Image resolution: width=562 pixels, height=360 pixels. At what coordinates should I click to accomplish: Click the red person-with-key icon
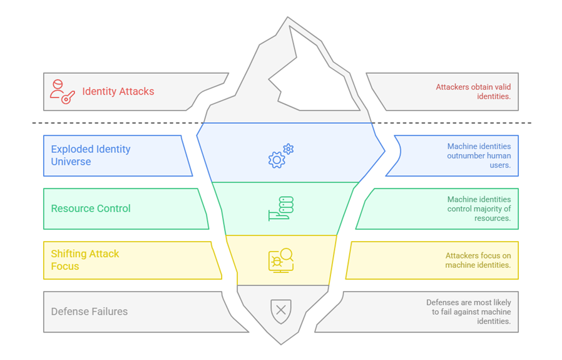[62, 91]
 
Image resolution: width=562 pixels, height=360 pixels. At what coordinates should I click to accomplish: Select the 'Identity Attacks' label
[118, 91]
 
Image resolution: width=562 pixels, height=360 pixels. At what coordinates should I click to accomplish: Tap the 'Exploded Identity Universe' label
[91, 155]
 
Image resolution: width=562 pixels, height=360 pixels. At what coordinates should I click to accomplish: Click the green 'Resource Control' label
[91, 208]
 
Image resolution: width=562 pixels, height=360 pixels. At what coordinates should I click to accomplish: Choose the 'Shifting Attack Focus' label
[84, 260]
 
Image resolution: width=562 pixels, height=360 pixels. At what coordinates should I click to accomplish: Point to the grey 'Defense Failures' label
[89, 311]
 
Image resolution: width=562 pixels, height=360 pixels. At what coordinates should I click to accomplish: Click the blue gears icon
[280, 157]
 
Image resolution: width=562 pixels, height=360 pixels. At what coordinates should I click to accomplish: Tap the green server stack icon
[281, 208]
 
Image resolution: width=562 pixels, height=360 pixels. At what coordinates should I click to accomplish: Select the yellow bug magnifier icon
[281, 260]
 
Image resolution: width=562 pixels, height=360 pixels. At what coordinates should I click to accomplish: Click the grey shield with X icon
[281, 310]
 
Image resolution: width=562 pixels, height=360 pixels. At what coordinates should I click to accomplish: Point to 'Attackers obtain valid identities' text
[473, 91]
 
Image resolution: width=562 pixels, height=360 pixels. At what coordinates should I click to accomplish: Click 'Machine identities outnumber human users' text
[479, 155]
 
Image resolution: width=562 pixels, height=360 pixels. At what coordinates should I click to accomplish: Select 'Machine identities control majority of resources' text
[479, 208]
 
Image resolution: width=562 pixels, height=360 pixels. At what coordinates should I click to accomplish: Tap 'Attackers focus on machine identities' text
[478, 260]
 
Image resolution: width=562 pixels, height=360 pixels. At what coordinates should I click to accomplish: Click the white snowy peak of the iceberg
[313, 75]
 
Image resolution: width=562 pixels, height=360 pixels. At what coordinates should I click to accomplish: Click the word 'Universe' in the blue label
[71, 162]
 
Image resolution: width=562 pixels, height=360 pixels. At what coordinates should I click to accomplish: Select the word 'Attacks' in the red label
[136, 91]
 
